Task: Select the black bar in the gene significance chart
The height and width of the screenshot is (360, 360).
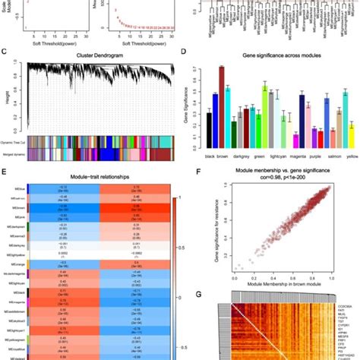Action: click(x=209, y=129)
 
